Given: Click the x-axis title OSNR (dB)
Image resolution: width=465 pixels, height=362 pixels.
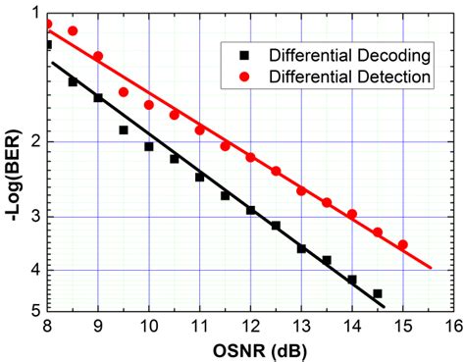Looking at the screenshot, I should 251,349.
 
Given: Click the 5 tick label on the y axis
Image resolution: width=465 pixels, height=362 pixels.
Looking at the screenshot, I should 33,310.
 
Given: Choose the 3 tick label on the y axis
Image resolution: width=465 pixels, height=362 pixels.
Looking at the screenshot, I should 33,217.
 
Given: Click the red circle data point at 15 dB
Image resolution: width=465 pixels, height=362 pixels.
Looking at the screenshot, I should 402,244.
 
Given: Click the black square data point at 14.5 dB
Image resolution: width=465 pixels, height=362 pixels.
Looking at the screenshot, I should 377,293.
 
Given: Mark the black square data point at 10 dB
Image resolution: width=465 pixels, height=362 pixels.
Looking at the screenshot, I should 149,146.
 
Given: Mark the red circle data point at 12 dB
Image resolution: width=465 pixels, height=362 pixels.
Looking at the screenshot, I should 250,157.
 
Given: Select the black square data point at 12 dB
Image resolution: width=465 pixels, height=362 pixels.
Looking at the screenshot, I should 250,210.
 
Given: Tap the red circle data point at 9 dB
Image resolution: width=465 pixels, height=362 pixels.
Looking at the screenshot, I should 98,56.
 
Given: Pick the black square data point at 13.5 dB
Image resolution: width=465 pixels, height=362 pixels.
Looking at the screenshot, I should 327,260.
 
